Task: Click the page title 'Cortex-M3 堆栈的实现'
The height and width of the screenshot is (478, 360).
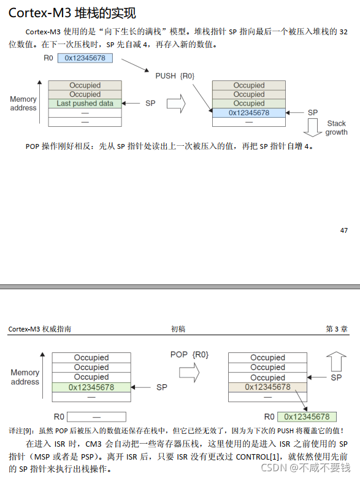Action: (x=72, y=13)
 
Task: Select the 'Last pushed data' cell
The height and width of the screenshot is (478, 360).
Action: (x=85, y=104)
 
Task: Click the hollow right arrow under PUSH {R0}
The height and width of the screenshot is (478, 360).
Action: (x=176, y=104)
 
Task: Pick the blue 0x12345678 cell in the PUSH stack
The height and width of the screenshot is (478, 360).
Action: (x=249, y=113)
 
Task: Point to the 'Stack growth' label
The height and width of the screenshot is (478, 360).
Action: (x=336, y=127)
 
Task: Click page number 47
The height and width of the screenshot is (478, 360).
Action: (x=343, y=230)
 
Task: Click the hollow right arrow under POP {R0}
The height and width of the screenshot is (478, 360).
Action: (x=189, y=372)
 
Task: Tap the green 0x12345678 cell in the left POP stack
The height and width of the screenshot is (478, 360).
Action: (x=91, y=387)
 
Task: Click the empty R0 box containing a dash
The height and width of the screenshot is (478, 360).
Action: (x=96, y=417)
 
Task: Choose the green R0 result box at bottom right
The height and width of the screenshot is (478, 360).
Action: (x=307, y=417)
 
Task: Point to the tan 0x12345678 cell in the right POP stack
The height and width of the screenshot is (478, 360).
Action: (x=267, y=387)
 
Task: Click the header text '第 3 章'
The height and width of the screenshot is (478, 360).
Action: (x=337, y=329)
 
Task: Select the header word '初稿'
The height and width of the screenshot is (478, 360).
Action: (x=178, y=329)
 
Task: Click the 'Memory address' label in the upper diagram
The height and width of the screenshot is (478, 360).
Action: (x=23, y=104)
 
